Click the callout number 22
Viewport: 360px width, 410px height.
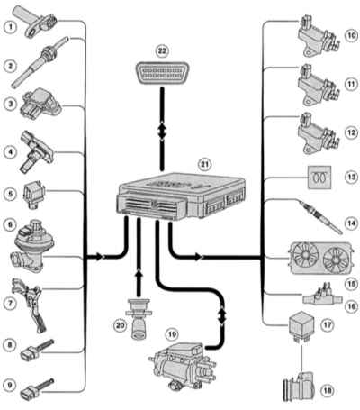click(x=162, y=50)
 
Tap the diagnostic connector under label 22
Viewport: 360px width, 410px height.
click(x=162, y=73)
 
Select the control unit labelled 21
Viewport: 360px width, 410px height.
click(x=181, y=196)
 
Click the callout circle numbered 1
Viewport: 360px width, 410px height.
click(x=11, y=27)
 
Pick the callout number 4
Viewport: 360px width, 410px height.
click(x=10, y=152)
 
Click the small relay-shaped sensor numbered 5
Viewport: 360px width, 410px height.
click(x=33, y=196)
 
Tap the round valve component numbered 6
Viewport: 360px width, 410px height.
click(x=33, y=246)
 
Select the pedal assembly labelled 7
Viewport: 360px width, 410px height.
click(x=29, y=305)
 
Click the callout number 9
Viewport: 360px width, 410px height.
click(x=10, y=385)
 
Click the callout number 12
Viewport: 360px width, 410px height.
click(x=351, y=132)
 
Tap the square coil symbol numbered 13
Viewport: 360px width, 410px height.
click(x=319, y=178)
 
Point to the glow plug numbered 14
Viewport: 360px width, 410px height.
click(x=321, y=218)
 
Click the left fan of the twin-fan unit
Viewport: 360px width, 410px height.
click(x=305, y=255)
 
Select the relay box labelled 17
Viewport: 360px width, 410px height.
click(x=301, y=325)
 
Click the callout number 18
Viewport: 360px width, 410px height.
click(x=327, y=391)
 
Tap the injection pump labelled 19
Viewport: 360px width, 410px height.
click(x=183, y=366)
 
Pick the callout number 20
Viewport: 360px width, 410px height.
click(x=121, y=325)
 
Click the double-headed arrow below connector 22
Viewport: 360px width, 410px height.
click(x=162, y=131)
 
